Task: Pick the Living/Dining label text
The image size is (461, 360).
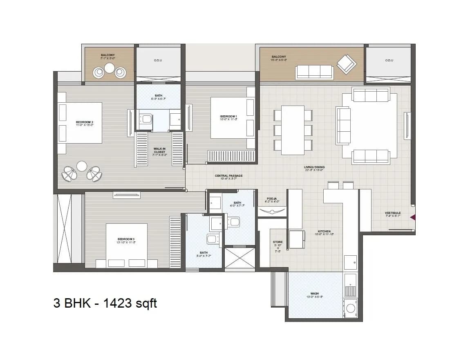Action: (x=314, y=167)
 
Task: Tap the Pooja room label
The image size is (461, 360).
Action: (x=272, y=200)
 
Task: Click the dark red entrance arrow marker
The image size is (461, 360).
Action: (x=413, y=217)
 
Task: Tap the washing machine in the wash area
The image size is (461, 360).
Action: (x=350, y=307)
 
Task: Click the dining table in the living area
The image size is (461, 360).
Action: (x=293, y=130)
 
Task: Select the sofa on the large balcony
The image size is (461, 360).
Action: (x=315, y=72)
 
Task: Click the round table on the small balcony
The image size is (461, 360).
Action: (x=110, y=68)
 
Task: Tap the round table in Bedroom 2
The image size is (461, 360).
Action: (x=82, y=166)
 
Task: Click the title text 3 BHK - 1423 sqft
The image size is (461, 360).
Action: (x=105, y=303)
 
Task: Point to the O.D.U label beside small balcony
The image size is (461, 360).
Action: (x=158, y=60)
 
